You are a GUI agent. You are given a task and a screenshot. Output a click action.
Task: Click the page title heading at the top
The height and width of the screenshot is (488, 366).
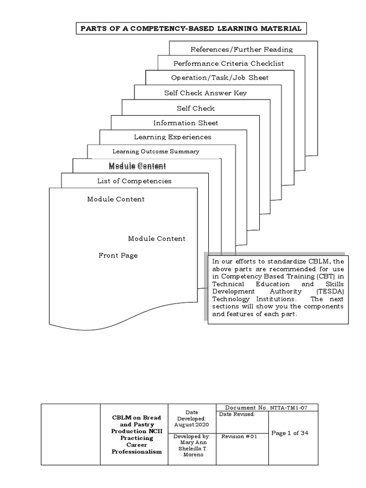(x=191, y=29)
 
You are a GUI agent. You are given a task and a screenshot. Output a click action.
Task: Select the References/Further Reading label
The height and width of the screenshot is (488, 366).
(x=241, y=49)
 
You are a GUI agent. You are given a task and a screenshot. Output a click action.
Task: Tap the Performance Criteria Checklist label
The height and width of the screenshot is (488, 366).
(x=228, y=63)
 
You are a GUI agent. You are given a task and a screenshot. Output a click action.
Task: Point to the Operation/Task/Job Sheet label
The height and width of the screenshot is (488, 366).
(x=220, y=78)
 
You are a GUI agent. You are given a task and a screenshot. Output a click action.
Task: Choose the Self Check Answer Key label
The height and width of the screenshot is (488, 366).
(x=205, y=93)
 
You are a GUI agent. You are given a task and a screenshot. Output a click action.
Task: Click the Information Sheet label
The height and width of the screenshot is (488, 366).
(x=185, y=123)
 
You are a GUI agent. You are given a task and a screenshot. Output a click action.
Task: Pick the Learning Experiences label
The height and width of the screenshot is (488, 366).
(x=172, y=137)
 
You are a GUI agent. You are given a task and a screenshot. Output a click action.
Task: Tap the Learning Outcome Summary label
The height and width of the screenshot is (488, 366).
(x=155, y=152)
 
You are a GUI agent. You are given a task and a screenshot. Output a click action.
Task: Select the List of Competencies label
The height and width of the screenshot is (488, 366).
(x=134, y=181)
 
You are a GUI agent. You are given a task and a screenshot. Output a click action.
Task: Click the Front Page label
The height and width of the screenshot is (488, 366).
(x=118, y=255)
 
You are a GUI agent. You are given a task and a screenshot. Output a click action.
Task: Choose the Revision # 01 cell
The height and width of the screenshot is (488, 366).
(x=240, y=436)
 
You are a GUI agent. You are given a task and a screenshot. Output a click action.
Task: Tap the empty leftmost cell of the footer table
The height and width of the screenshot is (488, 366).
(x=71, y=434)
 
